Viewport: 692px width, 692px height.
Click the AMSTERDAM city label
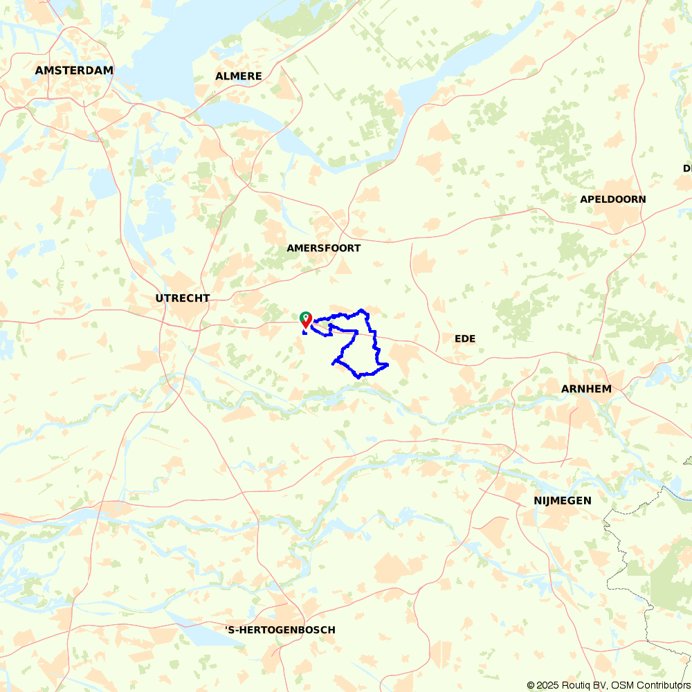pyautogui.click(x=74, y=71)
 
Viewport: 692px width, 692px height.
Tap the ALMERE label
pyautogui.click(x=239, y=76)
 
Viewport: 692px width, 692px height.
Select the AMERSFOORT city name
pyautogui.click(x=324, y=248)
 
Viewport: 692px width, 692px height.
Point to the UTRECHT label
pyautogui.click(x=183, y=298)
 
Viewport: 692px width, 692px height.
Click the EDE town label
pyautogui.click(x=465, y=338)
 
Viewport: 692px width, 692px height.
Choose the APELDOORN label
pyautogui.click(x=613, y=199)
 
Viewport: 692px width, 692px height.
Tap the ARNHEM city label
pyautogui.click(x=586, y=389)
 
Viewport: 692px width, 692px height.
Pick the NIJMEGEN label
pyautogui.click(x=563, y=500)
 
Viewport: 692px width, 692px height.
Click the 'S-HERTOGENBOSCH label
pyautogui.click(x=280, y=630)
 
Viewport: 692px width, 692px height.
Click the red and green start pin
pyautogui.click(x=305, y=318)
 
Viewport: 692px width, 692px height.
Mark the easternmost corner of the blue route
pyautogui.click(x=388, y=364)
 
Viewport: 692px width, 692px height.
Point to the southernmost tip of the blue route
pyautogui.click(x=358, y=377)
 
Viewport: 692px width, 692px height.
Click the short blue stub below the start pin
pyautogui.click(x=304, y=333)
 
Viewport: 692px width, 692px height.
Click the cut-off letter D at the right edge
pyautogui.click(x=687, y=168)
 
